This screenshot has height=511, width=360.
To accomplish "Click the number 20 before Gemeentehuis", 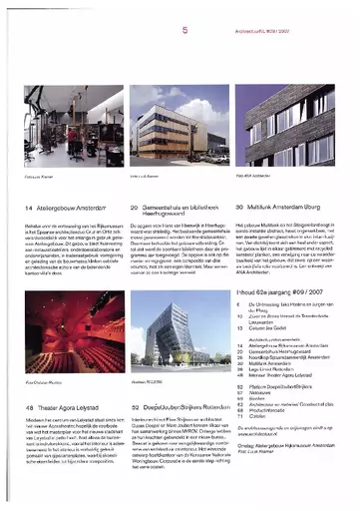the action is point(134,208).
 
